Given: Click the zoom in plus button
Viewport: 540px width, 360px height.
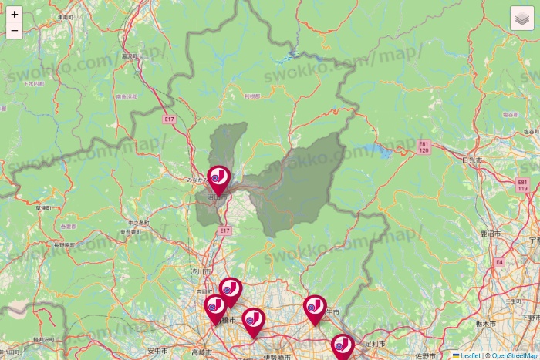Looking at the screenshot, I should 14,14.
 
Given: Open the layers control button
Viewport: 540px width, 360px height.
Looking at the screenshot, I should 522,18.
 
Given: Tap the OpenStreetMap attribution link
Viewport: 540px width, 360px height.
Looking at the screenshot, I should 515,355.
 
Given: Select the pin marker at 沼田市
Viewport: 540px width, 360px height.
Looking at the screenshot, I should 218,178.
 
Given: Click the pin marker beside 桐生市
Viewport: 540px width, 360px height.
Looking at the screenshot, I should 314,308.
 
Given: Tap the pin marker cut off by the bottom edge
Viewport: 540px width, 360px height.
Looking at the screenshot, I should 343,347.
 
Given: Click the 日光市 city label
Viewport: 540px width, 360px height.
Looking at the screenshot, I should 471,160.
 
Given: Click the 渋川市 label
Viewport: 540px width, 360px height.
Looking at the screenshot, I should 201,272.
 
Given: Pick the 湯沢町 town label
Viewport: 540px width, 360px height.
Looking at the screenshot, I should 129,56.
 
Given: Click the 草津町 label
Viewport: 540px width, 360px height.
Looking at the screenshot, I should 43,208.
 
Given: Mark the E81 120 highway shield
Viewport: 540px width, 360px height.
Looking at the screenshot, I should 424,146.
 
